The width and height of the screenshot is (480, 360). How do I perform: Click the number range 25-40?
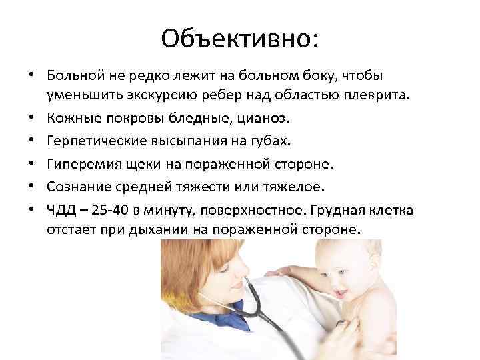pos(109,211)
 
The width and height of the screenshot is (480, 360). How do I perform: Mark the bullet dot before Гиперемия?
pos(31,165)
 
